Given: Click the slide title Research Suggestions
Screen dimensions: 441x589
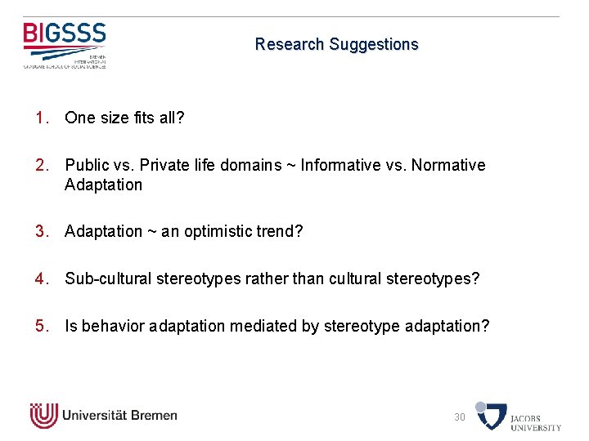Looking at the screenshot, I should (336, 44).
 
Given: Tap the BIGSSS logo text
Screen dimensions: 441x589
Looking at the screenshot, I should (65, 34).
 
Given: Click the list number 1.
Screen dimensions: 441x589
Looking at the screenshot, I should (42, 118).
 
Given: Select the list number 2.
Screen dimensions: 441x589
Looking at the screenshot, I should (42, 165).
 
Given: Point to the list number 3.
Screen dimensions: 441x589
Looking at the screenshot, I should (42, 231).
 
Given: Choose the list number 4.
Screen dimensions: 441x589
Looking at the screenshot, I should (42, 278).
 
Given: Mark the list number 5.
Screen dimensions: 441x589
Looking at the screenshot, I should (42, 326).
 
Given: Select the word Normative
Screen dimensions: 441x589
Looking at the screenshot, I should (448, 165).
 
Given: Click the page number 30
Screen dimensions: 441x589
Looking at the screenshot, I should (460, 417).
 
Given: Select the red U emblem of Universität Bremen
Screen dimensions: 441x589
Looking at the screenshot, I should (43, 416).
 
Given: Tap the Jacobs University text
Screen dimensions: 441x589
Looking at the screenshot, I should (536, 422).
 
